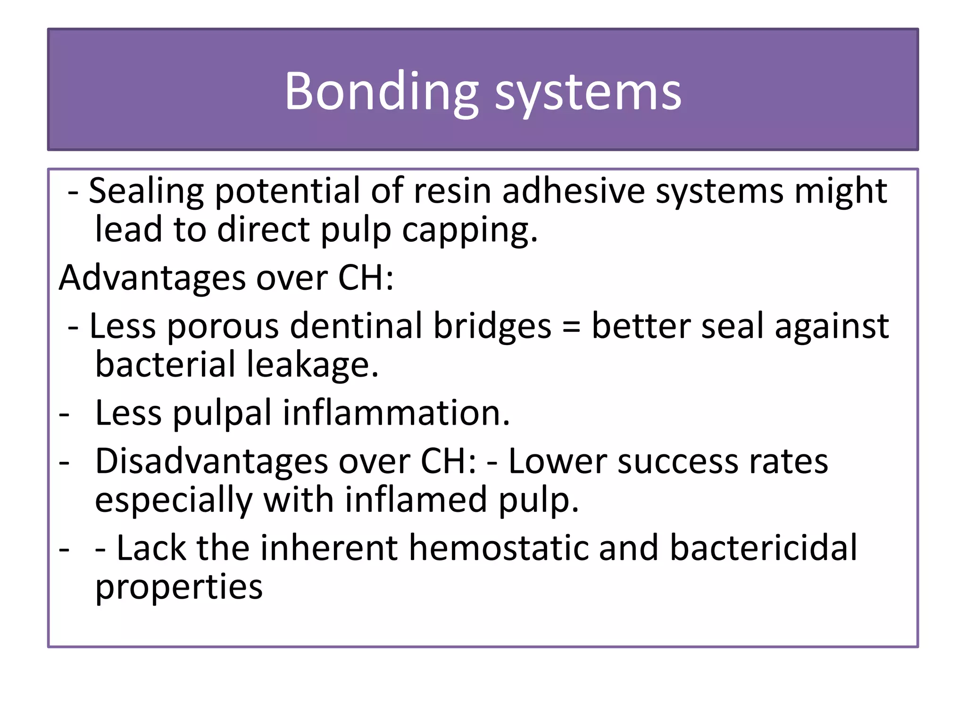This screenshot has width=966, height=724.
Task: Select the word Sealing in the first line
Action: tap(146, 191)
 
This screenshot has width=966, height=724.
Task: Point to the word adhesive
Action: tap(574, 191)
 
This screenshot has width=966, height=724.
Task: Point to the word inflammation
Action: tap(396, 413)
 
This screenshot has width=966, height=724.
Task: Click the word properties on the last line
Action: tap(179, 588)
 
